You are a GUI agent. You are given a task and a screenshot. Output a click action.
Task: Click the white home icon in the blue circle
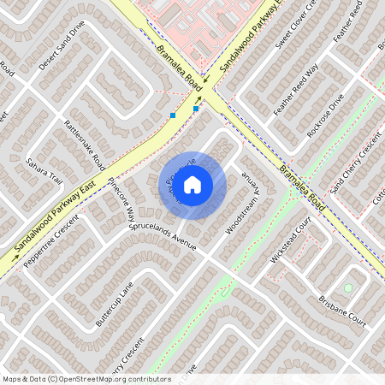pyautogui.click(x=192, y=184)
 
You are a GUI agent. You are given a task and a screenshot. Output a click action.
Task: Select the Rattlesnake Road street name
pyautogui.click(x=84, y=144)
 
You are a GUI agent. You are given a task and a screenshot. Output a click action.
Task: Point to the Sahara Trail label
pyautogui.click(x=44, y=170)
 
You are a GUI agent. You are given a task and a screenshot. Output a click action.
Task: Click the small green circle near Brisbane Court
pyautogui.click(x=347, y=287)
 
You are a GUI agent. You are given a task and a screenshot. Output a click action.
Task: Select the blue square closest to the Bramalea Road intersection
pyautogui.click(x=196, y=109)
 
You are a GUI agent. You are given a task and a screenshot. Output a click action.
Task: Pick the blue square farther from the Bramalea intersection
pyautogui.click(x=173, y=115)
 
